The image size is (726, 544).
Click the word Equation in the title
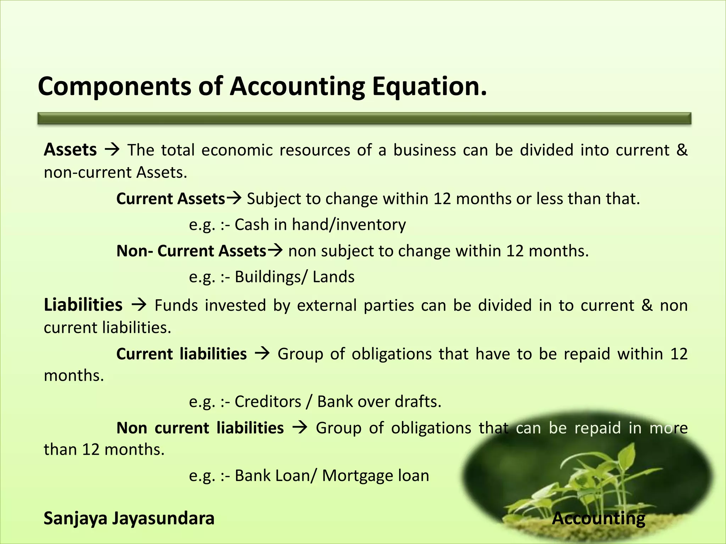429,86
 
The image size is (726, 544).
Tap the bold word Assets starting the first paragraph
70,150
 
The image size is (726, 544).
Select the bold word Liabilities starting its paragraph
83,305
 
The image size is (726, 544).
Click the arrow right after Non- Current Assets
275,251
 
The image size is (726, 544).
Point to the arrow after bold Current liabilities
262,354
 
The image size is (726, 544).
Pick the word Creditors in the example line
268,402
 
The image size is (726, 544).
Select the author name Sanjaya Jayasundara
129,518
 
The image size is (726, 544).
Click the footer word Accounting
598,518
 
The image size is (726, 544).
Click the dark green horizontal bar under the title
364,119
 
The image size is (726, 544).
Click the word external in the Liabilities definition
326,305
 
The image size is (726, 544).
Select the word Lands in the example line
333,277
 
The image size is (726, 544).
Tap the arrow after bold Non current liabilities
300,428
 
